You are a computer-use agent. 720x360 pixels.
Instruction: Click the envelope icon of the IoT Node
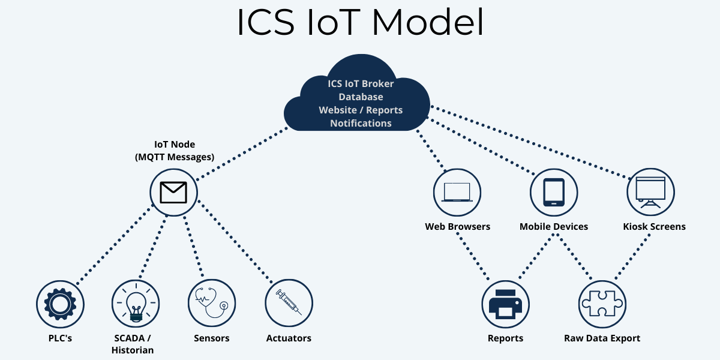pos(173,193)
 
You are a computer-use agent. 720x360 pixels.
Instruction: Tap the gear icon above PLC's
pos(60,304)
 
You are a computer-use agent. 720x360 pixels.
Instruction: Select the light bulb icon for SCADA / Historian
pos(136,304)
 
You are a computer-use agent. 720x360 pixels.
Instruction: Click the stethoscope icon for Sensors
pos(212,303)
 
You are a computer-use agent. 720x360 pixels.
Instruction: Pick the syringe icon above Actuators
pos(289,302)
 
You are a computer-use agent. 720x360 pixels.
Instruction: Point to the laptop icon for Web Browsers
pos(457,192)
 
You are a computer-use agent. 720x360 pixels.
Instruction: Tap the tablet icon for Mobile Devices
pos(554,192)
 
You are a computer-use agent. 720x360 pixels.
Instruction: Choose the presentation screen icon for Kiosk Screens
pos(650,192)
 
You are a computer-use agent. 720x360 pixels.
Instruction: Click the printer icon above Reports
pos(505,304)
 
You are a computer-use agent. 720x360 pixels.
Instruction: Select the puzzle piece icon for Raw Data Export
pos(602,304)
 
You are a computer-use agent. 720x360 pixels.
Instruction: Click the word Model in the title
pos(427,22)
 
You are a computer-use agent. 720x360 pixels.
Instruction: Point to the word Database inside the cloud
pos(361,97)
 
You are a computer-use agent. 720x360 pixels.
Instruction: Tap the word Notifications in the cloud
pos(361,123)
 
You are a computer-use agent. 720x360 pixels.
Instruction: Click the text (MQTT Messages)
pos(175,157)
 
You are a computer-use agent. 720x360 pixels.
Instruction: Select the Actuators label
pos(289,338)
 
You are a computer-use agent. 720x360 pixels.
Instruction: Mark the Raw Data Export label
pos(602,338)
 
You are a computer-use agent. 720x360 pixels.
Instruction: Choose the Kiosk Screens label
pos(655,226)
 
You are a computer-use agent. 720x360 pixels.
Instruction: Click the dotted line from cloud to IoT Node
pos(242,154)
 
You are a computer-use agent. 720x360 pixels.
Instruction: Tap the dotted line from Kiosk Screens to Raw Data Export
pos(632,257)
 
